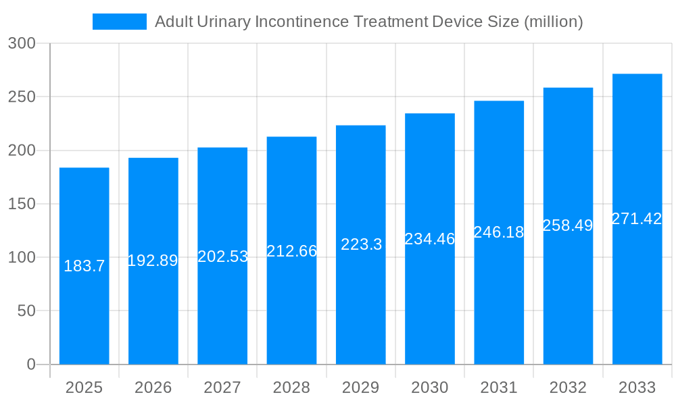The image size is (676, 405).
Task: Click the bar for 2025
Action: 84,266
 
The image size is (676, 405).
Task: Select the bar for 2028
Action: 291,250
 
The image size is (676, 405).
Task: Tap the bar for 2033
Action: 637,219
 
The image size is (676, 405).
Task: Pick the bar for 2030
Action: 430,239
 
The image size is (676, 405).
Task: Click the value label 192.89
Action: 153,261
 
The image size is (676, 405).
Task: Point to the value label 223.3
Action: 361,244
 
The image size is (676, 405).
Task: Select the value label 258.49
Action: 568,225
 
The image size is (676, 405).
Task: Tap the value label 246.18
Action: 499,232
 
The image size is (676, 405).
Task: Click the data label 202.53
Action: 222,256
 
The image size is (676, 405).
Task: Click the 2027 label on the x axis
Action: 222,387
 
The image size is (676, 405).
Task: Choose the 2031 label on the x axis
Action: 499,387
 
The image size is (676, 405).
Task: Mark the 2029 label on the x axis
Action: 361,387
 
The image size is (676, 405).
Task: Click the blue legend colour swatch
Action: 120,22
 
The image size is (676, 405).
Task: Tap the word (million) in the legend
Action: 554,22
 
